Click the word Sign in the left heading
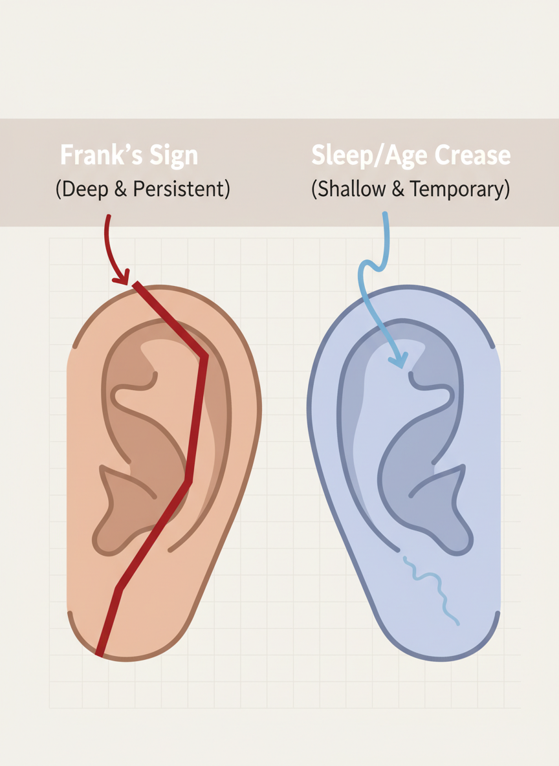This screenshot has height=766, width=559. [171, 157]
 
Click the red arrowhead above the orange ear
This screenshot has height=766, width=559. [121, 279]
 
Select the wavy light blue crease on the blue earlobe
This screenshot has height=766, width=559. [432, 589]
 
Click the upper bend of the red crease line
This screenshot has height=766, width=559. [204, 356]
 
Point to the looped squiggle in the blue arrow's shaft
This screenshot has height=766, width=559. [369, 267]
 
